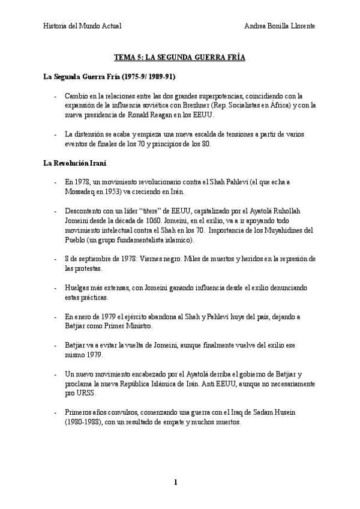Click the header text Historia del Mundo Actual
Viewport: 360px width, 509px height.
(82, 26)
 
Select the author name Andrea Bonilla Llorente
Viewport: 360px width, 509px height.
(280, 26)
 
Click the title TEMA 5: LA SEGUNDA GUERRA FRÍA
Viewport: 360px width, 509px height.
(180, 58)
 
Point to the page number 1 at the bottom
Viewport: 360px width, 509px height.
(176, 482)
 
